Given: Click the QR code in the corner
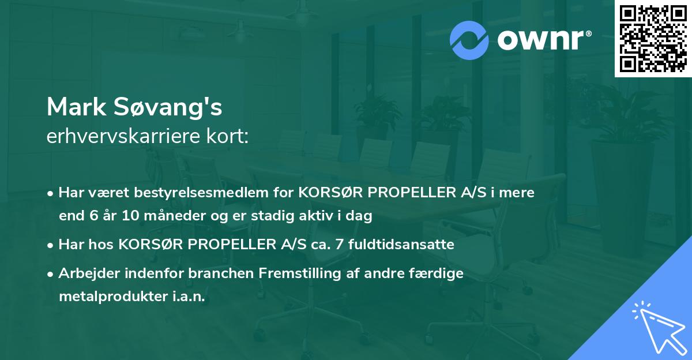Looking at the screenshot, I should [653, 39].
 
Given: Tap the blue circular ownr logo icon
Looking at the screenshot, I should [470, 40].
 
